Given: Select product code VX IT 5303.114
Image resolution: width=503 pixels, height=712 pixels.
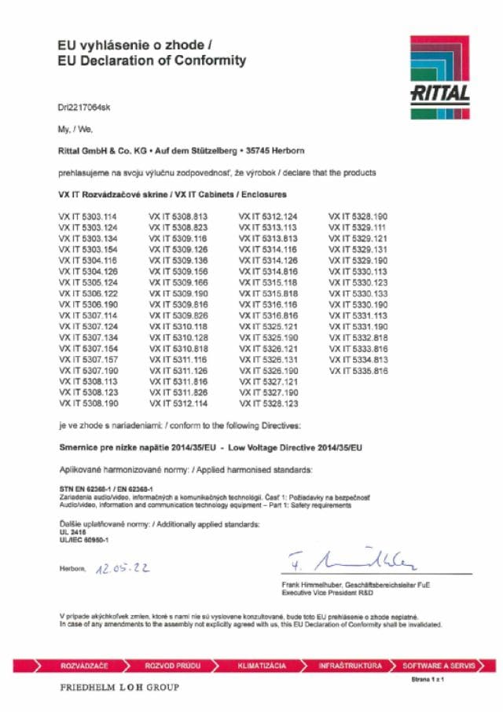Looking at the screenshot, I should (87, 215).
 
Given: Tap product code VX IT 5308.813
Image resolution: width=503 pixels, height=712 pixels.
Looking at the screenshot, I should (178, 215).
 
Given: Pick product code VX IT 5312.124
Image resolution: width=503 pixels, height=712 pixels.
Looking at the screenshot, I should (268, 215).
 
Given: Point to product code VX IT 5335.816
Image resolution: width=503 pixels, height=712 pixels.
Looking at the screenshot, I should (358, 370).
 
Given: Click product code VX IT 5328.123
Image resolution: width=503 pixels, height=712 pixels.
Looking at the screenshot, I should (268, 403).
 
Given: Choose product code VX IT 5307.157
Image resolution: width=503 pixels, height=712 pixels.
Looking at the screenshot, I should (87, 359).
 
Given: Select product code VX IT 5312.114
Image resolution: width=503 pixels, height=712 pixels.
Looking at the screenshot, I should (178, 403).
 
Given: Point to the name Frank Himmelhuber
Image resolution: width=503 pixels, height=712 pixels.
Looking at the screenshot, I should (314, 585).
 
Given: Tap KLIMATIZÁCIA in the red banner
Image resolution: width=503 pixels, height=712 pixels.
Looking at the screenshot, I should (262, 666).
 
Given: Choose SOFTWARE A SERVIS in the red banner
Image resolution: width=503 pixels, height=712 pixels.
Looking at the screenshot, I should (439, 666).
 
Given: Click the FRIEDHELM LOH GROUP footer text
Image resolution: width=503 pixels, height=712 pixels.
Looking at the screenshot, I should (119, 688).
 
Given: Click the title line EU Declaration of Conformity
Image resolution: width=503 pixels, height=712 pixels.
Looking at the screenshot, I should (152, 61).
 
